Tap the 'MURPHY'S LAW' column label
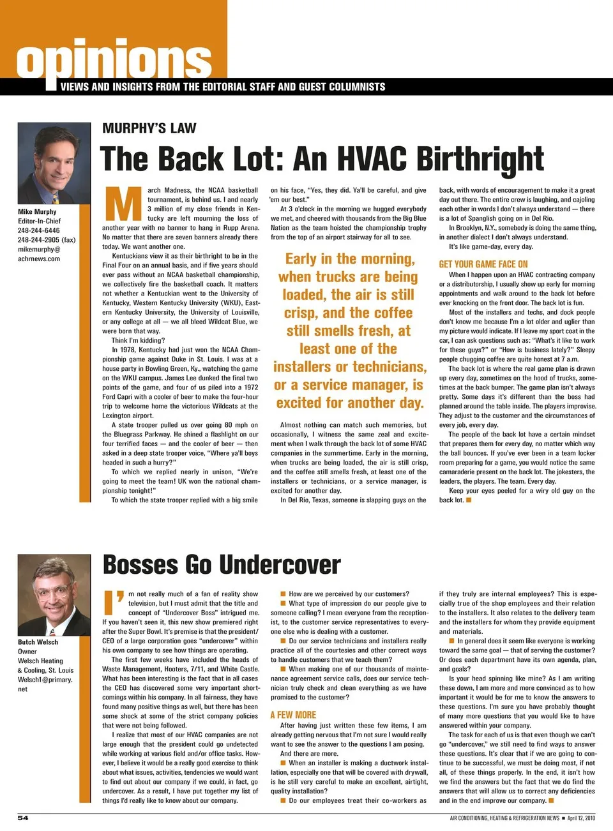click(x=149, y=128)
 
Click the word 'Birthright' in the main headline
click(x=481, y=159)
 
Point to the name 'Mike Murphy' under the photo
click(x=37, y=212)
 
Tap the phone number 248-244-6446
click(x=39, y=230)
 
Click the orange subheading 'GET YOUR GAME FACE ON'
click(x=483, y=264)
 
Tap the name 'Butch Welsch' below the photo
click(x=38, y=642)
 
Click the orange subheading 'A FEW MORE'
click(x=293, y=715)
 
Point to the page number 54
click(x=23, y=818)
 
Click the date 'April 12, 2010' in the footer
click(x=581, y=818)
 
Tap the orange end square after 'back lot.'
click(x=469, y=500)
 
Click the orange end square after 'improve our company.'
click(x=551, y=800)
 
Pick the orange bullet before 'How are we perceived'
click(x=283, y=594)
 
